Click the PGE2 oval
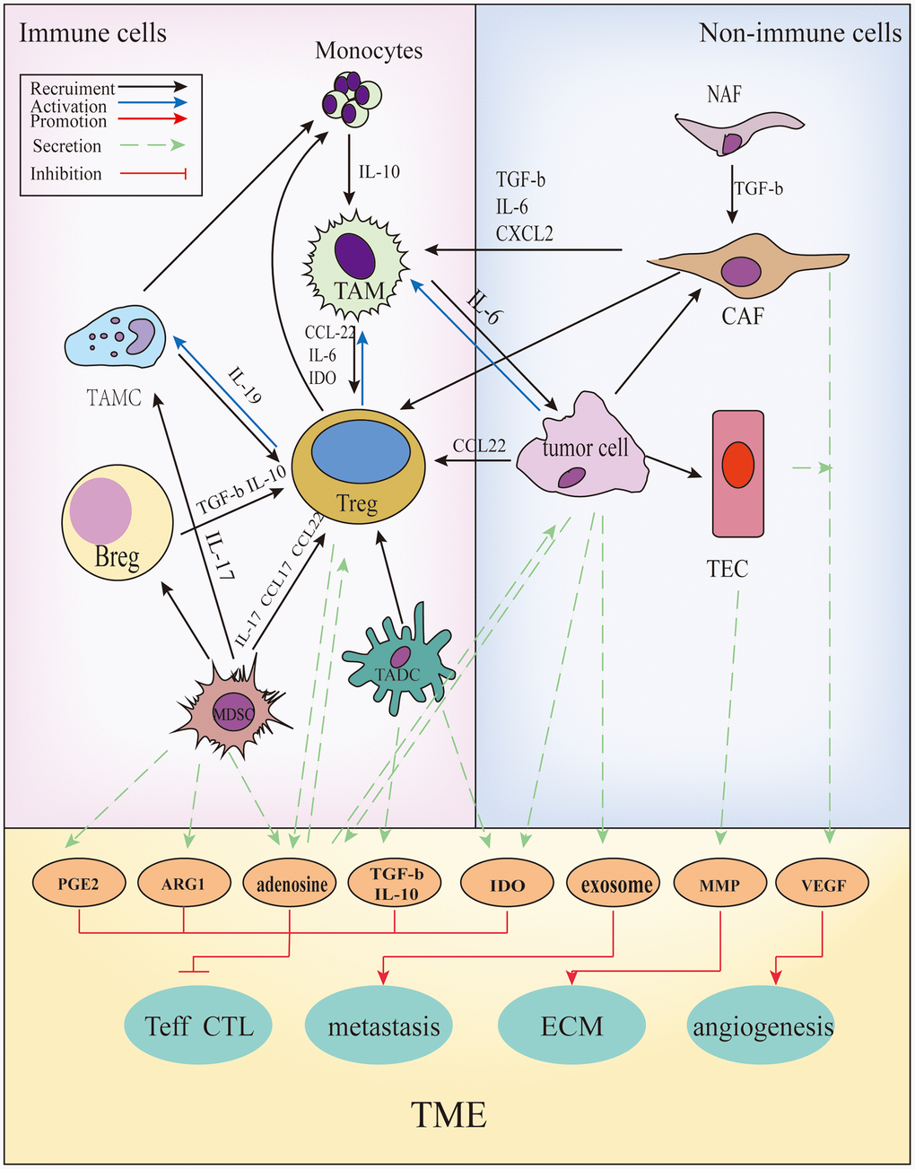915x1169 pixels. click(79, 884)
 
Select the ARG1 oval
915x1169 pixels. click(184, 884)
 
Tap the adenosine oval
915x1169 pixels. click(292, 885)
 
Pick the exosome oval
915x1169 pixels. click(616, 885)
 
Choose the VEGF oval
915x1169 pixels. click(823, 885)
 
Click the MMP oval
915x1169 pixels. click(719, 885)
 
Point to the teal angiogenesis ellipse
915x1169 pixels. click(762, 1025)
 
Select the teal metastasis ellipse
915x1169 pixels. click(384, 1025)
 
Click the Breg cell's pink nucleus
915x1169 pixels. click(101, 510)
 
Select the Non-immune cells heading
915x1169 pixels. click(800, 33)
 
